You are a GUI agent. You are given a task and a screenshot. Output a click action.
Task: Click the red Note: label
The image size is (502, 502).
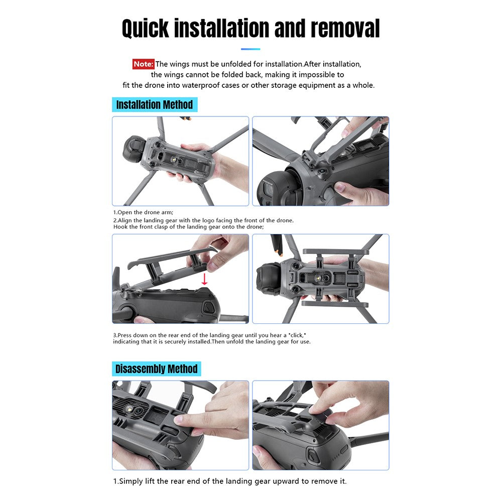click(144, 64)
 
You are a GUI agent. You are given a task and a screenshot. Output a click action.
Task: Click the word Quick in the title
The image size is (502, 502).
click(146, 29)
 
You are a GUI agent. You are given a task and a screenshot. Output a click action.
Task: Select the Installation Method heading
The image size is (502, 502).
click(155, 105)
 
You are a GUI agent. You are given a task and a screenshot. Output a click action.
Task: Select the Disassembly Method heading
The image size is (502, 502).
click(156, 369)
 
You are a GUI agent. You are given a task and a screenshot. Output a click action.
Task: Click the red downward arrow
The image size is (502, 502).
click(204, 279)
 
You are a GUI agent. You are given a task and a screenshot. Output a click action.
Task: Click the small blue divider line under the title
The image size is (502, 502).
click(250, 49)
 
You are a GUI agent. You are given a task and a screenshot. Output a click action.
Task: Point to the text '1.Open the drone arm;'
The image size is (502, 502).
click(143, 212)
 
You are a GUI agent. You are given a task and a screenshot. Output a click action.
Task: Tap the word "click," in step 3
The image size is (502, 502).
click(297, 335)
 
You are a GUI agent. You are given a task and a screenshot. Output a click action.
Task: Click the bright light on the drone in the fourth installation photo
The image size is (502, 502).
click(319, 278)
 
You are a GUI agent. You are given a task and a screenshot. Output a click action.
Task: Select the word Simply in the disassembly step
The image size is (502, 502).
click(131, 481)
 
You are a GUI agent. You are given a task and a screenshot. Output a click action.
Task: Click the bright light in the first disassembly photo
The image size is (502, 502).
click(130, 409)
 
